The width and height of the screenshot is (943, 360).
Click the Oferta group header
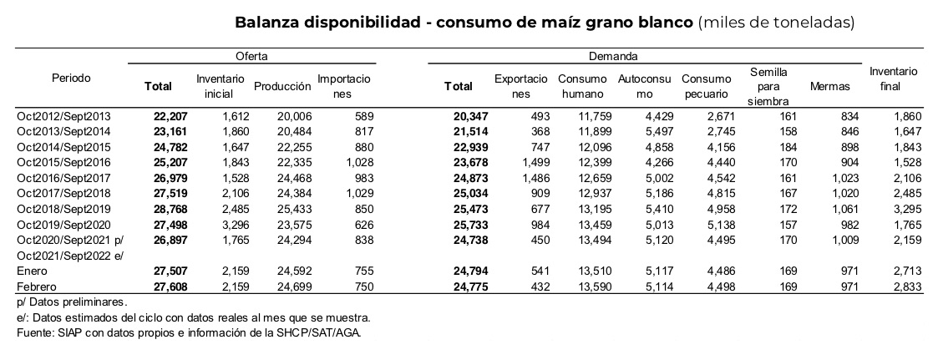pos(251,56)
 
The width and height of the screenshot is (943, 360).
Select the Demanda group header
pos(613,56)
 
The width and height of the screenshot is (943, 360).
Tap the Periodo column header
pos(71,79)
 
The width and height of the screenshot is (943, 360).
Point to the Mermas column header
pos(830,87)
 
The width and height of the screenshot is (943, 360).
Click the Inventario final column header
pos(893,79)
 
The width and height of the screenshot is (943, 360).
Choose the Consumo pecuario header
pos(706,87)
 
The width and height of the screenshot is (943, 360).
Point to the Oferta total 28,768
pos(170,209)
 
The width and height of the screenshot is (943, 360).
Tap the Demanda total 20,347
pos(471,116)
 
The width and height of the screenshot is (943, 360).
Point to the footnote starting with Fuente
pos(189,332)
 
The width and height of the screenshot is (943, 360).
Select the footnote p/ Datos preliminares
pos(72,302)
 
